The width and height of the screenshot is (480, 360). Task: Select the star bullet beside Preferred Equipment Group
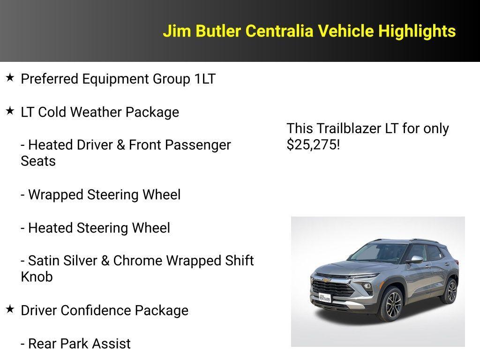[x=10, y=78]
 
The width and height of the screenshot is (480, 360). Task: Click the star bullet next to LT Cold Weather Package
[x=10, y=111]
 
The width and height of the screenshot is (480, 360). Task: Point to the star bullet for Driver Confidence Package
[x=10, y=309]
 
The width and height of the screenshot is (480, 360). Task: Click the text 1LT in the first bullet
[x=205, y=79]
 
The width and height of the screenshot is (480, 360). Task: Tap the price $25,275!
[x=313, y=144]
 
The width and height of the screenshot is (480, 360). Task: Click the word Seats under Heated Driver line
[x=38, y=161]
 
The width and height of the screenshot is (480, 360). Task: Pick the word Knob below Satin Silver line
[x=37, y=277]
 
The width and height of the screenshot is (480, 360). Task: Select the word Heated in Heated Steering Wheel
[x=49, y=228]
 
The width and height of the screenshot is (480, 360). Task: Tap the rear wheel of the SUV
[x=450, y=291]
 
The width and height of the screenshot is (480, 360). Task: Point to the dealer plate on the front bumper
[x=325, y=297]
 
